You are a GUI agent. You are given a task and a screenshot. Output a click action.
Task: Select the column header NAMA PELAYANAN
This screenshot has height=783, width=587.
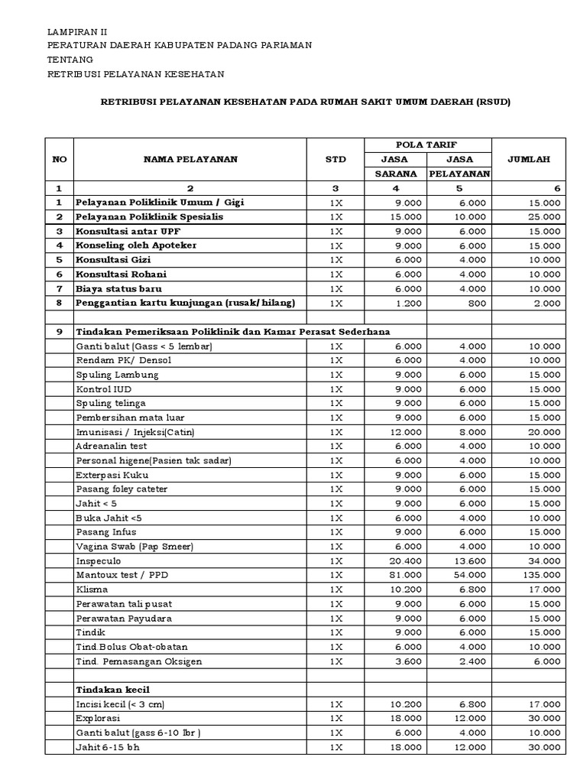point(190,159)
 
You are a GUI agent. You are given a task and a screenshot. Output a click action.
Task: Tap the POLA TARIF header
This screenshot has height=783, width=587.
point(426,145)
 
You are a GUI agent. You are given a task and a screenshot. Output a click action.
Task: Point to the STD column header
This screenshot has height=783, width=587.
point(336,159)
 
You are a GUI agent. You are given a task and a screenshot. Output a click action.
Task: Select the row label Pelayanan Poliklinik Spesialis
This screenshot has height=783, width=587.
point(149,216)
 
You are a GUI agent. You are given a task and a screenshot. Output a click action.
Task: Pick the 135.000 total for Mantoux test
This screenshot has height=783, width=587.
point(543,575)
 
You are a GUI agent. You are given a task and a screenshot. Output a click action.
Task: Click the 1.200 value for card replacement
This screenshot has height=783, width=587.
point(406,303)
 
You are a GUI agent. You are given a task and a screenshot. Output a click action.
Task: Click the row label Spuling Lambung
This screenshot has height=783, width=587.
point(117,375)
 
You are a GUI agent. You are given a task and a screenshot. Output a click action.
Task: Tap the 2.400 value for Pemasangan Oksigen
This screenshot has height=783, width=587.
point(473,661)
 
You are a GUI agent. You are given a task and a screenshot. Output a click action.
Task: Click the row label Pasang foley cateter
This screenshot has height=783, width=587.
point(122,489)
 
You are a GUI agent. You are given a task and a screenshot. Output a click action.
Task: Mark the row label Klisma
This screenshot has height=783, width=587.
point(92,590)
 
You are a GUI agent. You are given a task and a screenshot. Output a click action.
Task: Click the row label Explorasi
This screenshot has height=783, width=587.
point(98,718)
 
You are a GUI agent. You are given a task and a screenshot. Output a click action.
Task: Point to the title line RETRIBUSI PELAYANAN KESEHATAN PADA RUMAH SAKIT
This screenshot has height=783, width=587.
point(306,102)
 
